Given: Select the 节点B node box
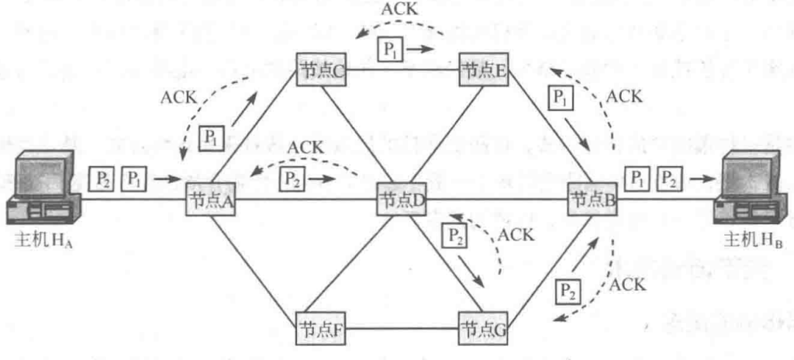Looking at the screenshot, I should pos(593,199).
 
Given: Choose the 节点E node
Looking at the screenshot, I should pos(484,67).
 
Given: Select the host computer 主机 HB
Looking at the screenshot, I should pos(751,190).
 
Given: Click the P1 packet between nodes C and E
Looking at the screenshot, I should pos(388,48).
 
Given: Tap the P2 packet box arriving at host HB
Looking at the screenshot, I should pos(668,178).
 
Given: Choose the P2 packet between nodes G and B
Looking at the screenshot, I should pos(568,292).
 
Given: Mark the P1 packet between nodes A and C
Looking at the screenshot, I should pos(210,137).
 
